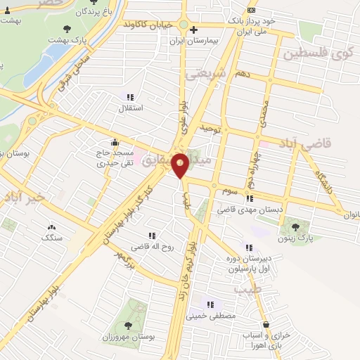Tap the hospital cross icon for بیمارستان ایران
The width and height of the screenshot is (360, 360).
[194, 30]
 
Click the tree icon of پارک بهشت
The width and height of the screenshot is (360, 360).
[67, 29]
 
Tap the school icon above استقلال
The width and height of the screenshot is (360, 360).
[129, 97]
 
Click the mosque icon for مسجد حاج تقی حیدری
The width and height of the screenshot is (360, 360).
[115, 142]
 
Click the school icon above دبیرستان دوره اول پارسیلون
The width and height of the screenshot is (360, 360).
[247, 247]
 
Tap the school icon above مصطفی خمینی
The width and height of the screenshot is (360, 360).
[210, 304]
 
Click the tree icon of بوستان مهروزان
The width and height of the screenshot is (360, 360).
[128, 325]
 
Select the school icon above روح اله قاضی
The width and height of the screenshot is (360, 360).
[151, 236]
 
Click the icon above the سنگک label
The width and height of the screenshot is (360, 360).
[51, 227]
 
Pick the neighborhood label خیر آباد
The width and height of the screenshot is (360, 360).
[23, 198]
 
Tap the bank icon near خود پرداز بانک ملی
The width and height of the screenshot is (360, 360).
[252, 11]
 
